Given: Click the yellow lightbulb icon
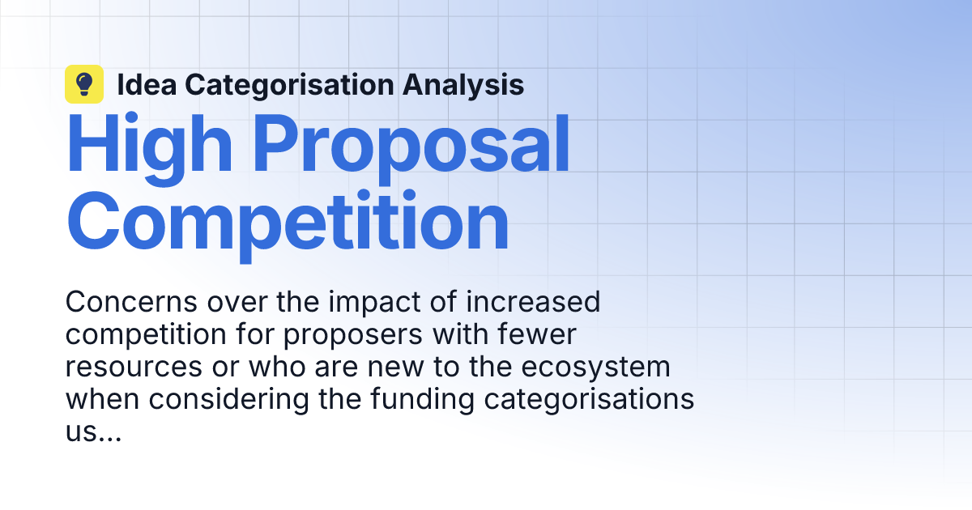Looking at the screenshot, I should [x=84, y=84].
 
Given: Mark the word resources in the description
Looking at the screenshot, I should [x=134, y=367].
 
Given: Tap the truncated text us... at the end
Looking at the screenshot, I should [x=93, y=431].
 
